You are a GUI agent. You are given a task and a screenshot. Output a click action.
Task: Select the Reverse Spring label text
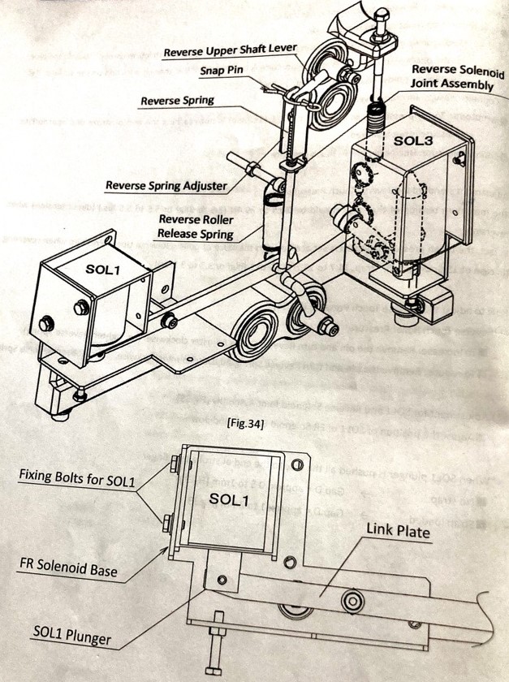point(177,101)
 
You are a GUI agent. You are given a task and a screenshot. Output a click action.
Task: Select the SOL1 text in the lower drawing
point(235,500)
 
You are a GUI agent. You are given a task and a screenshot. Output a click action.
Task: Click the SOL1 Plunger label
point(72,634)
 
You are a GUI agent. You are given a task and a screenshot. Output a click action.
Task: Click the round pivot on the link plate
point(352,602)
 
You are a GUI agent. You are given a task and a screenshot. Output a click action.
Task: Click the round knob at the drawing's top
point(381,14)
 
